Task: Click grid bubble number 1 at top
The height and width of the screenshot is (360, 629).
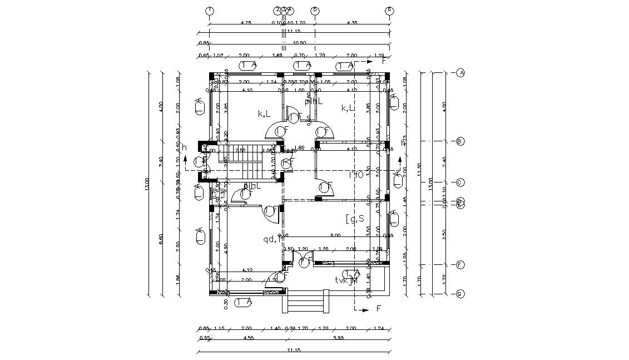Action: (209, 11)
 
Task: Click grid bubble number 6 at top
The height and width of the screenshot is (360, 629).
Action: (389, 11)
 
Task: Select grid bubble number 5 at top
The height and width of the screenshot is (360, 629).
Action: (315, 11)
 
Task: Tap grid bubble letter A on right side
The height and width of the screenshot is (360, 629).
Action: (460, 73)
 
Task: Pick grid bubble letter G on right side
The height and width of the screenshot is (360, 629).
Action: (460, 294)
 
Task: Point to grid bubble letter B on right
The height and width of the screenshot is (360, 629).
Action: (460, 141)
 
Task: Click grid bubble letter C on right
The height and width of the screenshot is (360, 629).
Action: (460, 182)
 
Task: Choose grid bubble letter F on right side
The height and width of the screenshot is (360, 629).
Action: (460, 265)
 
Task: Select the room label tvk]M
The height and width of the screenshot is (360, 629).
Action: (345, 280)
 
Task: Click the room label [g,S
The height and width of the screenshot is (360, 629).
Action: (355, 218)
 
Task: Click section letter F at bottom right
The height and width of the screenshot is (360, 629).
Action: (379, 308)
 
